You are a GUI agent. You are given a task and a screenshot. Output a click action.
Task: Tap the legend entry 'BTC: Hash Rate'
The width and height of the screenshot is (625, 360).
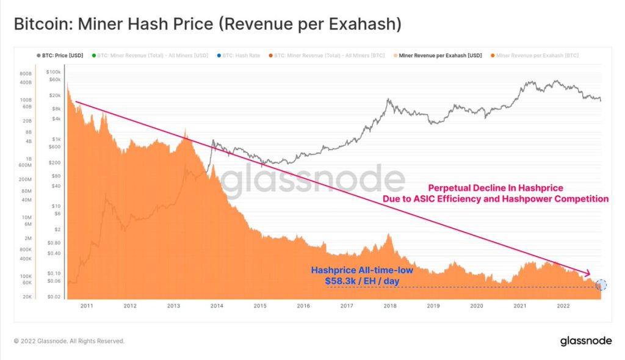(x=239, y=56)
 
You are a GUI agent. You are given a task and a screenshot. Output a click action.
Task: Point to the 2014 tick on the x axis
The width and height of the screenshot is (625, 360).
(x=217, y=306)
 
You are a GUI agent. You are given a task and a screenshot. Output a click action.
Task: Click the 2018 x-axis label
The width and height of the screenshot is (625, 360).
(x=389, y=306)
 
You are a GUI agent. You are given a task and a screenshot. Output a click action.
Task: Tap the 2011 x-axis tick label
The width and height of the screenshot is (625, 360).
(x=87, y=306)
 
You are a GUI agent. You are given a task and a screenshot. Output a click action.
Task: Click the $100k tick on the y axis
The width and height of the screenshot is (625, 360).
(x=56, y=72)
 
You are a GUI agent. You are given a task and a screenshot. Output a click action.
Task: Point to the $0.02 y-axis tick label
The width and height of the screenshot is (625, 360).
(x=56, y=296)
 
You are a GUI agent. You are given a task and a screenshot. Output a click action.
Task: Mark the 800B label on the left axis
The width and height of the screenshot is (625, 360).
(x=26, y=72)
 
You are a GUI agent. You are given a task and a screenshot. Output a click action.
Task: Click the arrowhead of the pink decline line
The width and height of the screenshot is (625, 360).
(x=588, y=273)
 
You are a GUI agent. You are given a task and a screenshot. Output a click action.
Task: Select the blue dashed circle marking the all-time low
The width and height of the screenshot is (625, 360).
(x=601, y=284)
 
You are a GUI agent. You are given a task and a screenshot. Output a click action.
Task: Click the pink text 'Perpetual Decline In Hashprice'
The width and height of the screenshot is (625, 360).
(x=495, y=188)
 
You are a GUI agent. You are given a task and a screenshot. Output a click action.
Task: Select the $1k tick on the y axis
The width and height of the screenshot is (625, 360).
(x=56, y=139)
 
